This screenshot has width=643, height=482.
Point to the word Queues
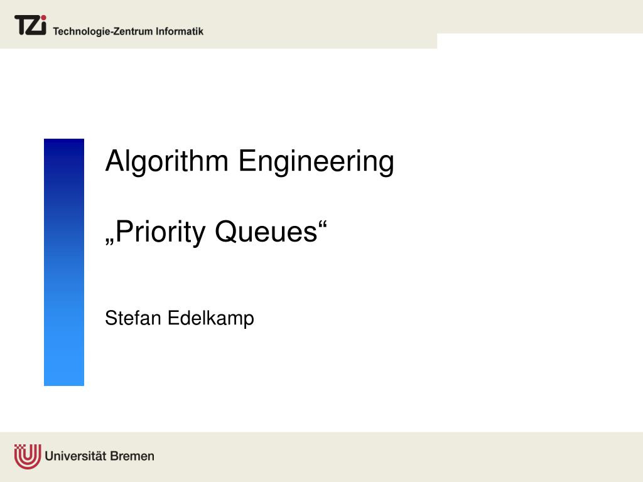pyautogui.click(x=266, y=233)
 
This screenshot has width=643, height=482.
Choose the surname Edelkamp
pyautogui.click(x=210, y=318)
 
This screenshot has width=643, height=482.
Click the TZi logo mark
pyautogui.click(x=30, y=26)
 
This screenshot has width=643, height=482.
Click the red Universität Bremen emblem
pyautogui.click(x=28, y=456)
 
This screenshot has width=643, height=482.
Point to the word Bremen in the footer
pyautogui.click(x=132, y=456)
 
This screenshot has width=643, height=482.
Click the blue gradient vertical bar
pyautogui.click(x=64, y=262)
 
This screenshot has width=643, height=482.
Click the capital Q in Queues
pyautogui.click(x=225, y=233)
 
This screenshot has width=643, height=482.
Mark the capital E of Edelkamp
pyautogui.click(x=173, y=318)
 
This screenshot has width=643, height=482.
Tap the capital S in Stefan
pyautogui.click(x=111, y=318)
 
